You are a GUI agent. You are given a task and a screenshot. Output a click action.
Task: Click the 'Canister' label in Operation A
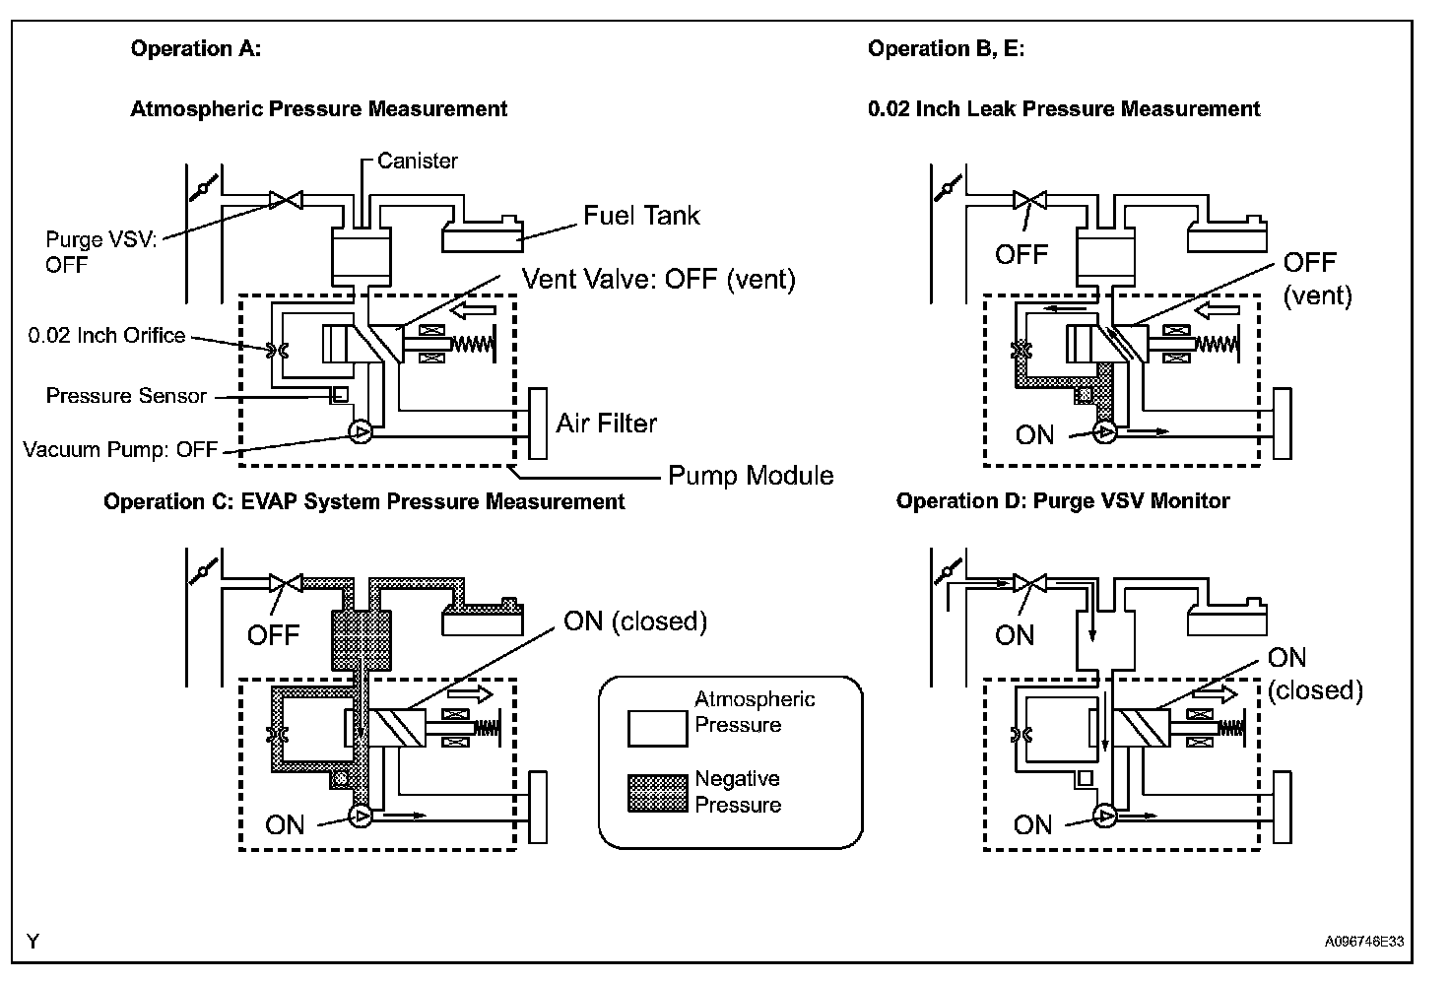tap(417, 161)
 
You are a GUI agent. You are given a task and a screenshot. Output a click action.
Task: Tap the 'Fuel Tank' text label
tap(641, 216)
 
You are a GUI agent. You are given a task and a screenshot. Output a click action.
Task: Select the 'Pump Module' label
tap(751, 476)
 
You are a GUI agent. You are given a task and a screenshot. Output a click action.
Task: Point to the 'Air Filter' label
tap(606, 424)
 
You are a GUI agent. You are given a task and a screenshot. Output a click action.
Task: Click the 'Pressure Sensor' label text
tap(126, 395)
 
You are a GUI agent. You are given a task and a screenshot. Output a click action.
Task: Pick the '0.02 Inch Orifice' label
tap(106, 335)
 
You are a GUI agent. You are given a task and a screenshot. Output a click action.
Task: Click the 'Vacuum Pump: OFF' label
tap(120, 449)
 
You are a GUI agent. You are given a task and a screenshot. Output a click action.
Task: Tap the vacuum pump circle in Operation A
tap(361, 431)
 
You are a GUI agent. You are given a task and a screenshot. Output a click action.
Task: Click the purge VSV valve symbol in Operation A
tap(286, 199)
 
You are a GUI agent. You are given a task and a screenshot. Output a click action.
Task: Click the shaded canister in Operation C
tap(362, 639)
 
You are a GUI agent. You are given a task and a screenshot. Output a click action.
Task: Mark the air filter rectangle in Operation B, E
tap(1283, 424)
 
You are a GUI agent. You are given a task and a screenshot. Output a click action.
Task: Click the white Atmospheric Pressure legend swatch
tap(658, 729)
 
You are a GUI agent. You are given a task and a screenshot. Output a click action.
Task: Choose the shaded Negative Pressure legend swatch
tap(658, 793)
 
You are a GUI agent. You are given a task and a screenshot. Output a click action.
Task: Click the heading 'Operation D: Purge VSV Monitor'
tap(1063, 501)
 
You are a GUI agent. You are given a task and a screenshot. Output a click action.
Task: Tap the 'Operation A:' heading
tap(195, 48)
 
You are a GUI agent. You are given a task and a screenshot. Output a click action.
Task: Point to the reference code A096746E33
tap(1364, 942)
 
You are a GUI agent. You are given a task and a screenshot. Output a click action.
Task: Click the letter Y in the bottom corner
tap(33, 941)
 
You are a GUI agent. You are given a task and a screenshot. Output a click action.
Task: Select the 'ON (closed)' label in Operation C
tap(635, 621)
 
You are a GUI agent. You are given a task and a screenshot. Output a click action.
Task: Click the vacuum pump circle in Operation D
tap(1105, 816)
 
